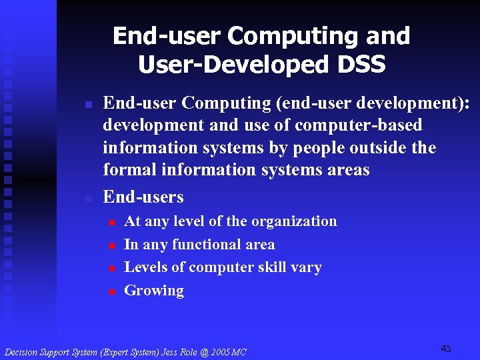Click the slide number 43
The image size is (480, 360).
click(x=446, y=349)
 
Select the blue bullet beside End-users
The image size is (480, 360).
click(x=87, y=198)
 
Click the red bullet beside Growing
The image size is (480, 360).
click(x=113, y=291)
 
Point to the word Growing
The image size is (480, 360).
click(x=154, y=291)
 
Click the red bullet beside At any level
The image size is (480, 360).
click(x=113, y=222)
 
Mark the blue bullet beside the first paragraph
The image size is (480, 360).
click(x=87, y=104)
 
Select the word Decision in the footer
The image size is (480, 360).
click(x=21, y=352)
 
